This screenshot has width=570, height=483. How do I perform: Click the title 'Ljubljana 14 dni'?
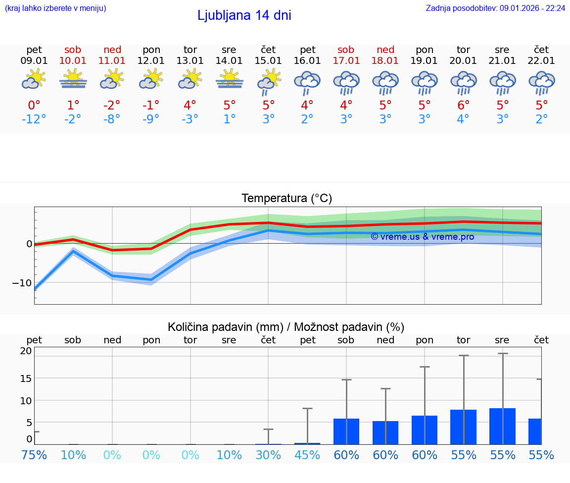[x=244, y=15]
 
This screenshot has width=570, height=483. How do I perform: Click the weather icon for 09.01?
[x=34, y=79]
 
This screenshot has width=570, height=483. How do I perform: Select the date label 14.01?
[x=229, y=60]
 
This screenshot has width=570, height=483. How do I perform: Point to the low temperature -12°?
[x=34, y=119]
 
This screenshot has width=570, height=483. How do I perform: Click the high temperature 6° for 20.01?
[x=463, y=105]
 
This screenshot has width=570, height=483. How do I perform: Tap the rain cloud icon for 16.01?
[x=307, y=82]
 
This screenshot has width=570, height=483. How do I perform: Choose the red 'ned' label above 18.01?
[x=385, y=50]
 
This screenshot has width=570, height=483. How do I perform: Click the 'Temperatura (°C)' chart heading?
[x=286, y=198]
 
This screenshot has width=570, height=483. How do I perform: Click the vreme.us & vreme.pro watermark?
[x=422, y=237]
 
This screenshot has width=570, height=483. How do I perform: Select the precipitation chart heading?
[x=286, y=327]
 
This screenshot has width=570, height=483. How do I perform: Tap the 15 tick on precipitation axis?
[x=26, y=378]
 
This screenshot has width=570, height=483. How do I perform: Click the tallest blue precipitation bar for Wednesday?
[x=502, y=426]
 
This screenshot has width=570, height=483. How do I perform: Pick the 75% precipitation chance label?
[x=34, y=455]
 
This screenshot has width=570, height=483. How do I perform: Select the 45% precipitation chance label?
[x=307, y=455]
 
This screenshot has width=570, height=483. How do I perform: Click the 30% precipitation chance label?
[x=268, y=455]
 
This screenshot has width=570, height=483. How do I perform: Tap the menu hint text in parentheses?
[x=55, y=8]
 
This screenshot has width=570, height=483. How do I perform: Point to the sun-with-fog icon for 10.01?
[x=73, y=79]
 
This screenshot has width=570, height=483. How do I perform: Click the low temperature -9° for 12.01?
[x=151, y=119]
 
